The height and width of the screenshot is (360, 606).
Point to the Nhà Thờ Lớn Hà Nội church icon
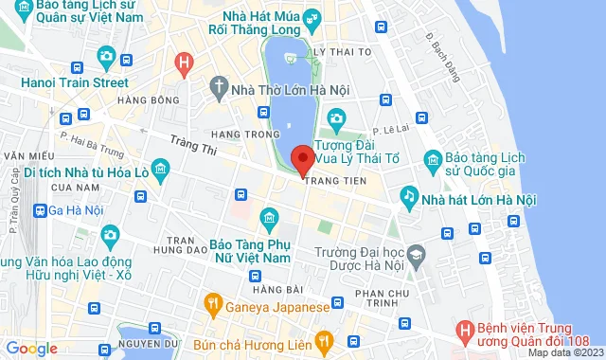[218, 89]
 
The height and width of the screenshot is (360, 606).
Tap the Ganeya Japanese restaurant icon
[213, 305]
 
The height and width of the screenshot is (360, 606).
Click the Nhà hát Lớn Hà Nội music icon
[409, 197]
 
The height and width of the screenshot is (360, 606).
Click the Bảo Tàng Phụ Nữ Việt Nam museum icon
[269, 220]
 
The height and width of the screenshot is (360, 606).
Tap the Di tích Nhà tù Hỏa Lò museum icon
[161, 171]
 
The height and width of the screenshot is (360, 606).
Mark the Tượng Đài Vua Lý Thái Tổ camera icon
[335, 118]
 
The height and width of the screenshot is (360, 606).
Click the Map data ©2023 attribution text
[564, 352]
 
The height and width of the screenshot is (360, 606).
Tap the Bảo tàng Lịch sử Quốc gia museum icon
[432, 159]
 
